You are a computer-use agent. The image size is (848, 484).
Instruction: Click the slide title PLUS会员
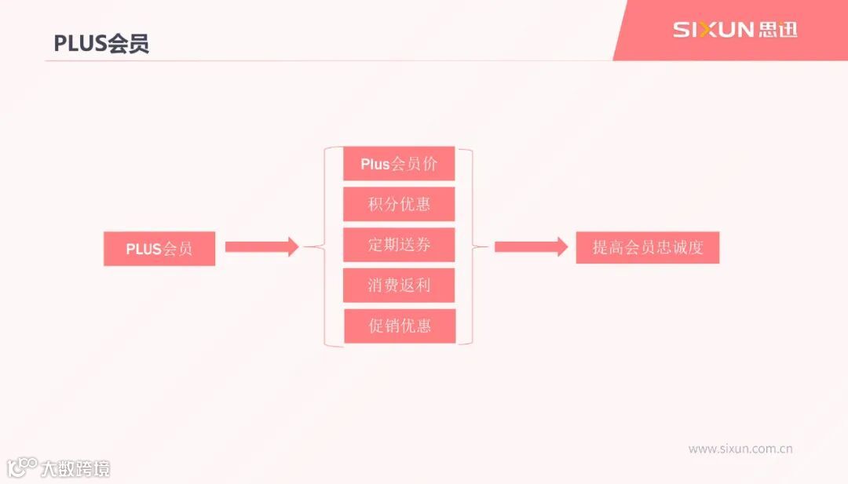tap(101, 43)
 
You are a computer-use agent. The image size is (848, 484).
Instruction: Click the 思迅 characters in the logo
tap(778, 30)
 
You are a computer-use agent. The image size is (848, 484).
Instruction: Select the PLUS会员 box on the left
tap(159, 249)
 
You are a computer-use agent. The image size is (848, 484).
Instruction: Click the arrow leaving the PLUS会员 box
tap(261, 246)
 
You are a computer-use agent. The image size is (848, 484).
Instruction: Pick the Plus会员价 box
tap(399, 164)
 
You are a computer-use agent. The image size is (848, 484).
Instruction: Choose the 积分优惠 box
tap(399, 204)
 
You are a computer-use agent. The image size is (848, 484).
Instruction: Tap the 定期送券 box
tap(399, 245)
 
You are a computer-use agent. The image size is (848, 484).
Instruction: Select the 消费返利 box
tap(399, 286)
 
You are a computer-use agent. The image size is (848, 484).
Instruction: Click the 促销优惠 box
tap(399, 326)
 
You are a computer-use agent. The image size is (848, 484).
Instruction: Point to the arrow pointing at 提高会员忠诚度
tap(530, 246)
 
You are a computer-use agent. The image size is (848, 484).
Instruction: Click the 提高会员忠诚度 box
tap(647, 248)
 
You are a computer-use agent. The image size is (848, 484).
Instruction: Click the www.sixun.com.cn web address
tap(740, 449)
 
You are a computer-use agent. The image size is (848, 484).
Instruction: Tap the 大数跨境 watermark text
tap(75, 469)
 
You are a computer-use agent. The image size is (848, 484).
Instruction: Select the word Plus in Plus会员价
tap(375, 164)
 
